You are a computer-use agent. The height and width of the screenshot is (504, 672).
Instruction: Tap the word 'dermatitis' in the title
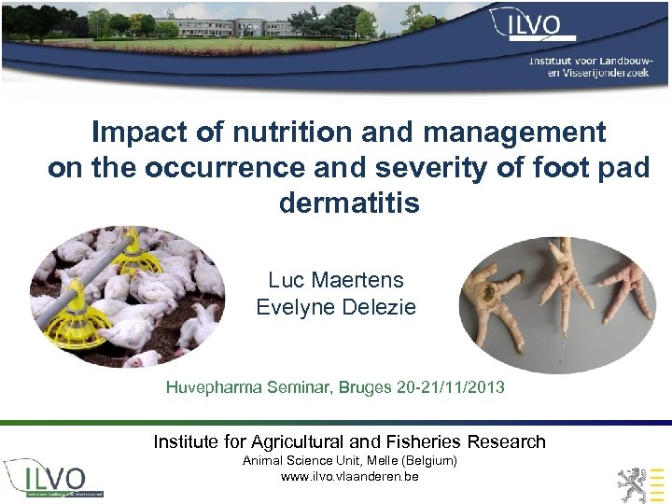pos(349,202)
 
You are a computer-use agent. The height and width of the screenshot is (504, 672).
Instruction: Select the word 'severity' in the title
pos(471,168)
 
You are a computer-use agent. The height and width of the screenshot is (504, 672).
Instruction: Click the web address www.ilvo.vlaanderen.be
pos(349,477)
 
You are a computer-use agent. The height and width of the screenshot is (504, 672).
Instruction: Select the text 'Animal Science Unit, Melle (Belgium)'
pos(349,461)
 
